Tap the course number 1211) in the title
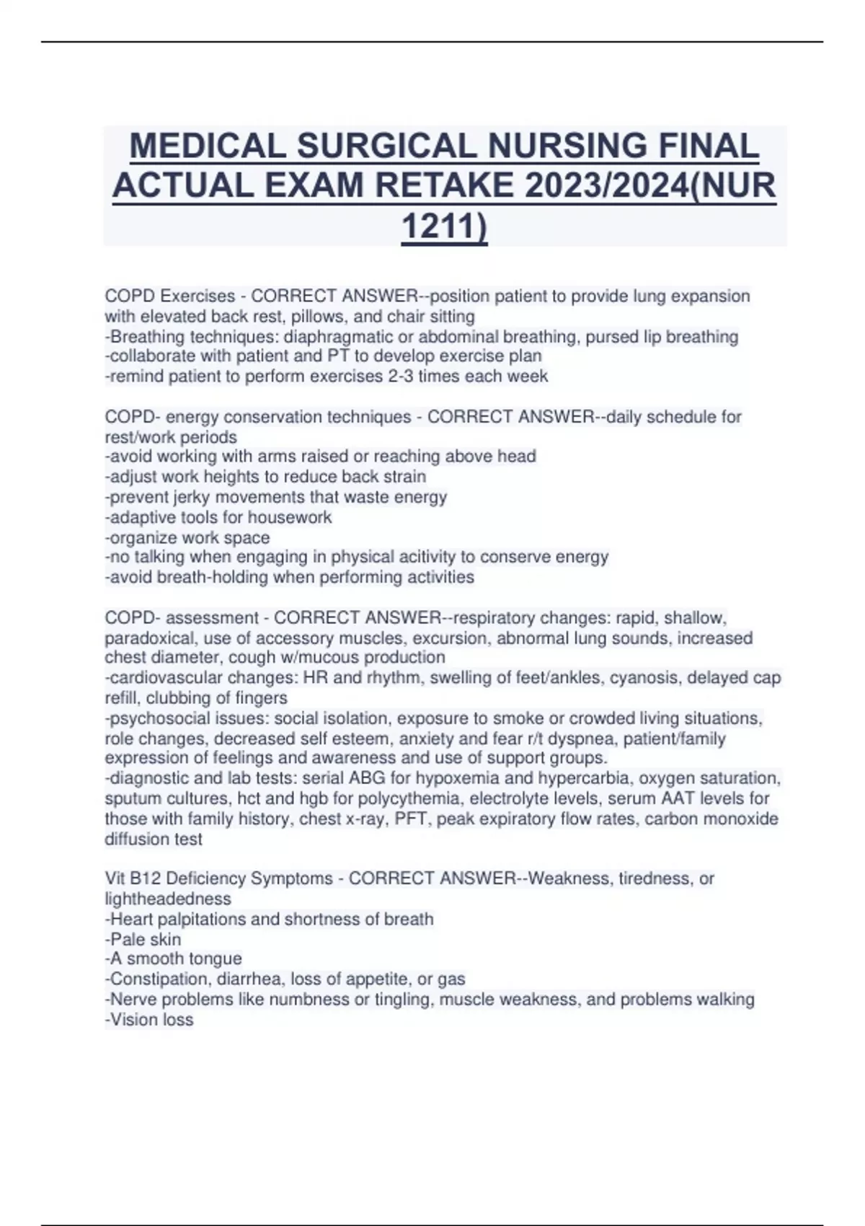pyautogui.click(x=444, y=226)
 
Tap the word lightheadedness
pyautogui.click(x=168, y=899)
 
